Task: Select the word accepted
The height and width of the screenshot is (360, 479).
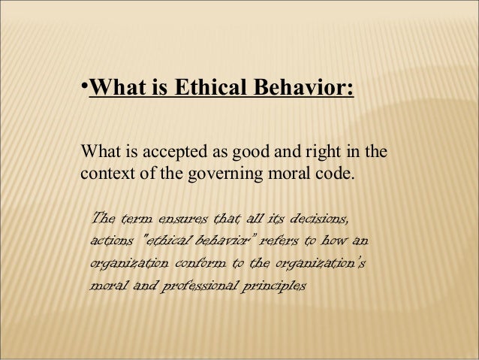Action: tap(164, 155)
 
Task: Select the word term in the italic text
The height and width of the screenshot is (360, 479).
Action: tap(137, 219)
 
